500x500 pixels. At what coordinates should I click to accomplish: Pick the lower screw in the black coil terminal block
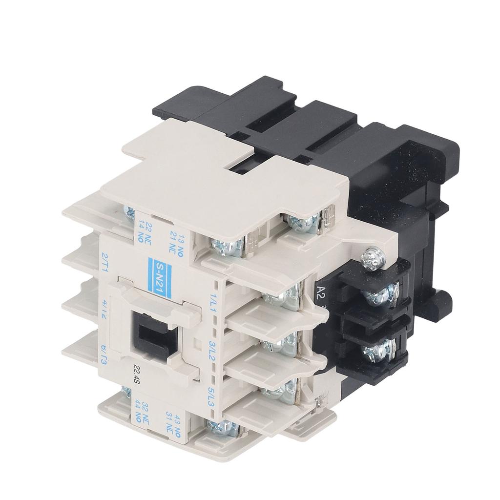[374, 350]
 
